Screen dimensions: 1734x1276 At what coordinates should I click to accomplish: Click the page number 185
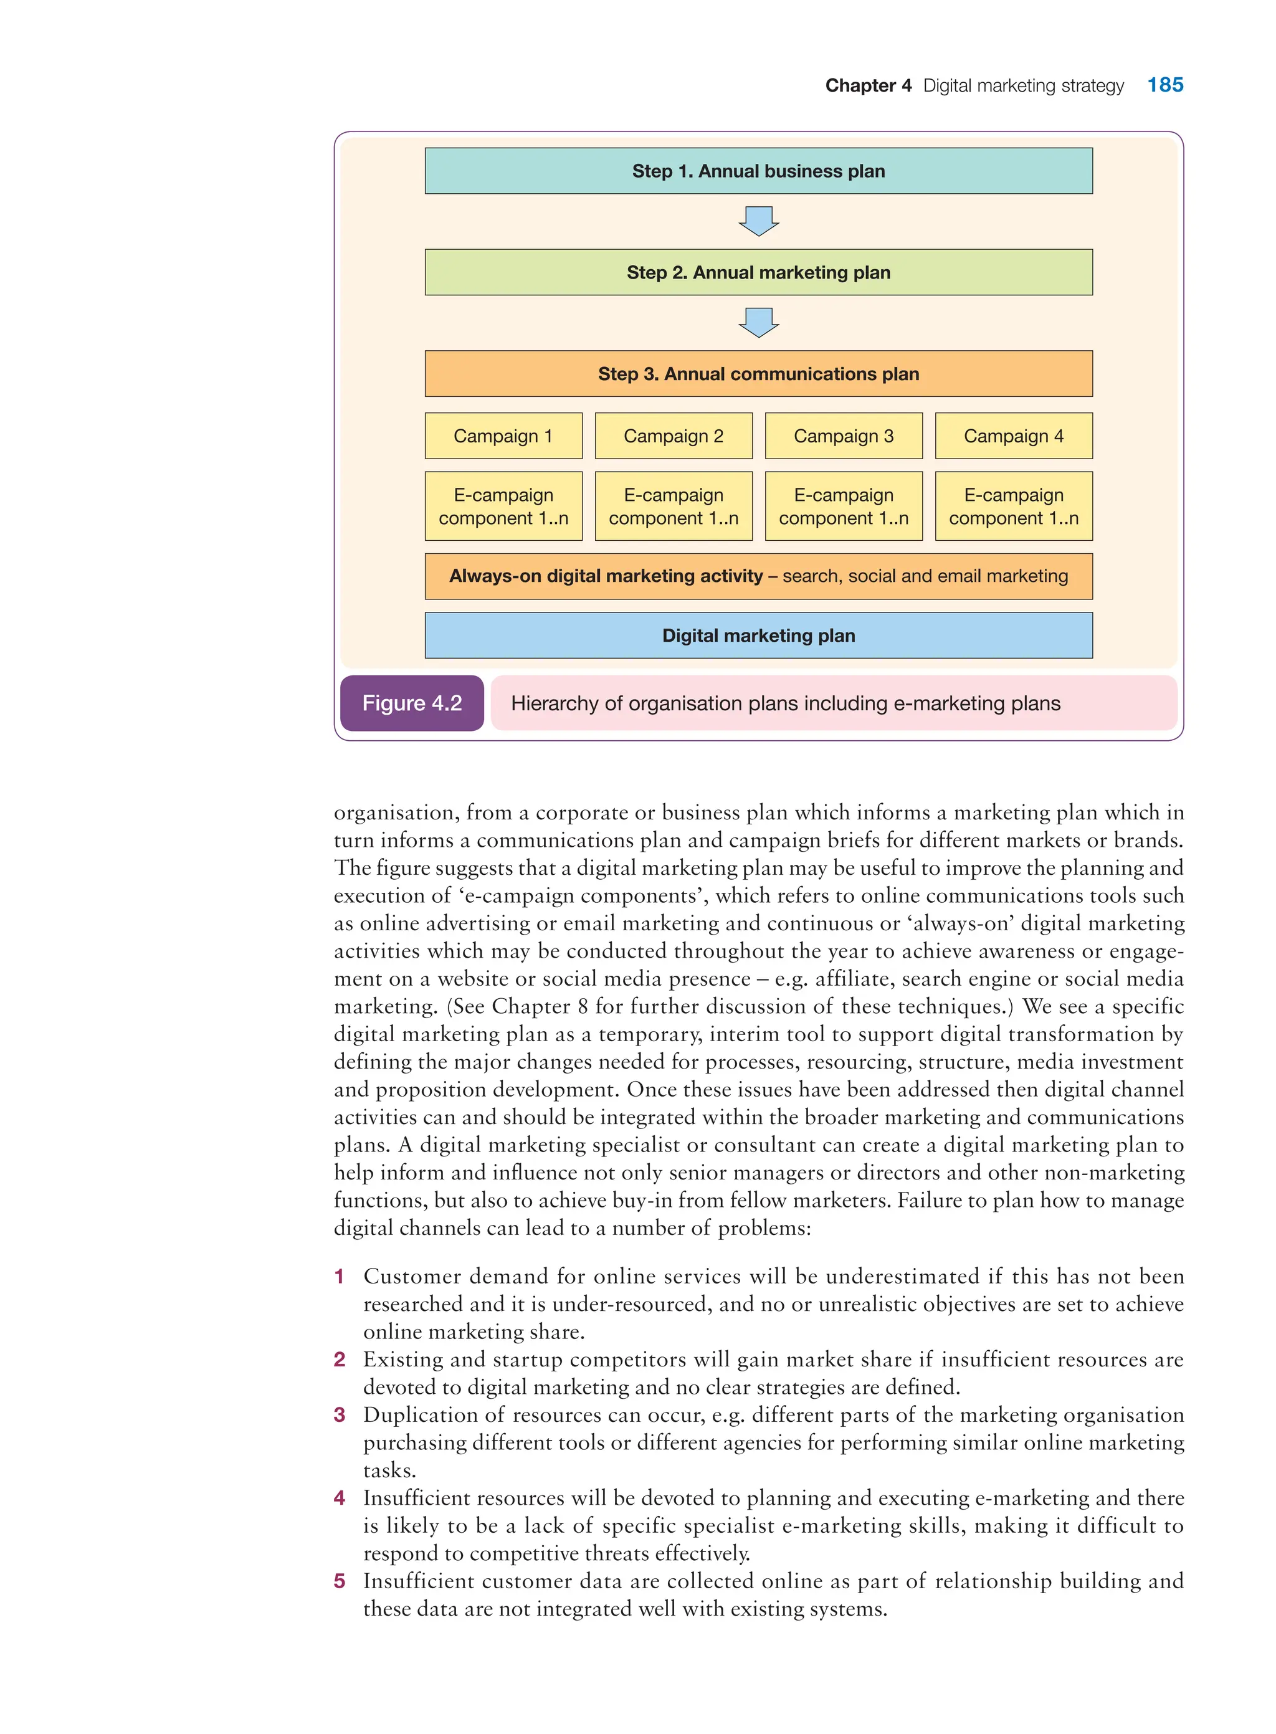point(1164,85)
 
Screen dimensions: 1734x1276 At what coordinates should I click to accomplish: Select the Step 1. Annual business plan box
point(758,171)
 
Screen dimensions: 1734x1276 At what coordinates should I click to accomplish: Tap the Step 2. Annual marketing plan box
point(758,272)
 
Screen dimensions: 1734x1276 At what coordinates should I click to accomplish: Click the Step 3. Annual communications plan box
point(758,374)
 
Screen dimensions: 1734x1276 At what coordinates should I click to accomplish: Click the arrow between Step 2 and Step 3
point(758,322)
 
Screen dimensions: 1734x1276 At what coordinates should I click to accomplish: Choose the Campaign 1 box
point(503,436)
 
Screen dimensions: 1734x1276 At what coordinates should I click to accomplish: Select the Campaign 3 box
point(844,436)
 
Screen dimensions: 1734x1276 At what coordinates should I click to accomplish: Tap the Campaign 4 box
point(1013,436)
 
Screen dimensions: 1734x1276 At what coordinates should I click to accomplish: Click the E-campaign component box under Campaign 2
point(674,506)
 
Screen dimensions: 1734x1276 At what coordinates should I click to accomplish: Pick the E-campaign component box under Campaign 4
point(1013,506)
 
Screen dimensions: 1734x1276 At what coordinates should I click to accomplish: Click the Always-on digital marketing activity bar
point(758,576)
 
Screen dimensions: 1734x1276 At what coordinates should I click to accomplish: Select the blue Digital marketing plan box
point(758,636)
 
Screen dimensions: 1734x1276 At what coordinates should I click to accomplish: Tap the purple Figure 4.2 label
point(412,703)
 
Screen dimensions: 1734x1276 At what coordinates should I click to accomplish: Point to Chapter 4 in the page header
point(868,86)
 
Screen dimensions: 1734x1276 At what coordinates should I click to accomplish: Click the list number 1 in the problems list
point(339,1277)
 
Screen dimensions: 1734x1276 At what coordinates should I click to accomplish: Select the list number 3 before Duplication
point(339,1415)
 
